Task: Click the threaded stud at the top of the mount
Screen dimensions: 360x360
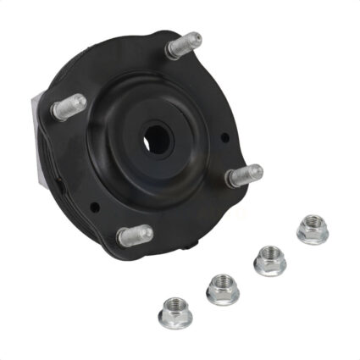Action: coord(184,44)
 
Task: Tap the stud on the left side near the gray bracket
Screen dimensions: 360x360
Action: coord(69,106)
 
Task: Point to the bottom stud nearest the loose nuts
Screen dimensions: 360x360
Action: coord(135,235)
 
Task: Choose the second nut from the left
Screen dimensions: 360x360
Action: coord(222,288)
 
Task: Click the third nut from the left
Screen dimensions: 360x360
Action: coord(269,260)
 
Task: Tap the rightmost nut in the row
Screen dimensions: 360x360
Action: coord(312,230)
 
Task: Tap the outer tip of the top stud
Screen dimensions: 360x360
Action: coord(197,38)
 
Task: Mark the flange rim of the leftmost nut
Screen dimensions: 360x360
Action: coord(175,325)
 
